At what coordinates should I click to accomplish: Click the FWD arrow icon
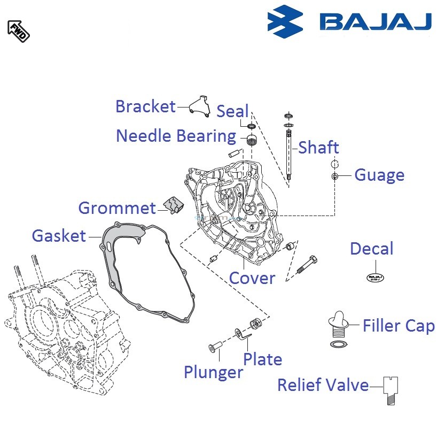tap(18, 30)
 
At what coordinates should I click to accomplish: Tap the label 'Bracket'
tap(145, 106)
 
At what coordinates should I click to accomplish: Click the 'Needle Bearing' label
tap(176, 136)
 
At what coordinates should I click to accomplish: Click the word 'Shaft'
tap(318, 147)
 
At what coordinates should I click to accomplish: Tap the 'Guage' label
tap(379, 175)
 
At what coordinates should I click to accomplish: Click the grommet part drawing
tap(173, 204)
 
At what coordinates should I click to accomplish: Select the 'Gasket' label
tap(59, 235)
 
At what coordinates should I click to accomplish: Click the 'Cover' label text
tap(252, 278)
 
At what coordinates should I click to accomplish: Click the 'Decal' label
tap(371, 249)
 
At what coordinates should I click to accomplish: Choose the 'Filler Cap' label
tap(398, 325)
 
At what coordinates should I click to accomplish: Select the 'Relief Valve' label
tap(323, 385)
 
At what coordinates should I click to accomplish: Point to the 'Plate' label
tap(262, 359)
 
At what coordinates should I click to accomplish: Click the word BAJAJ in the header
tap(375, 21)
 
